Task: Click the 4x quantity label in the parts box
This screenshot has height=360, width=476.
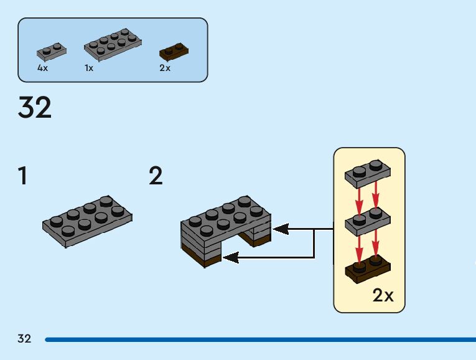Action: (42, 68)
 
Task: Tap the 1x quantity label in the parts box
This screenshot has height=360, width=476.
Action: (89, 68)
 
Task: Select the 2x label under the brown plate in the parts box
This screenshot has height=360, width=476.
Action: (165, 68)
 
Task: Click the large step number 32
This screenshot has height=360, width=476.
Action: (35, 108)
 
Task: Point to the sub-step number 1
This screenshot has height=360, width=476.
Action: (23, 177)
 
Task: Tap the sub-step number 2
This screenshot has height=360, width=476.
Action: (156, 177)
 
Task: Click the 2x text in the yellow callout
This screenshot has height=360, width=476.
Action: (383, 295)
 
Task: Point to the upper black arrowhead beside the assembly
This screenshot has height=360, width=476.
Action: (280, 229)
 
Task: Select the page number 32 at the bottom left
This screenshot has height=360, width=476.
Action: (24, 339)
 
